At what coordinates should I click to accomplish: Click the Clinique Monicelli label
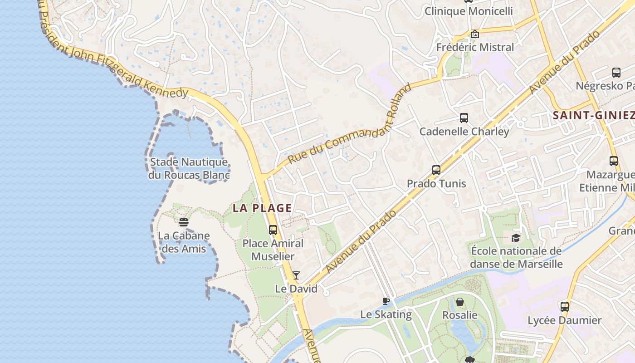469,11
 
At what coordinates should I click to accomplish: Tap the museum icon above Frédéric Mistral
475,34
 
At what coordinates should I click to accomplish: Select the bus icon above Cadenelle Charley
464,118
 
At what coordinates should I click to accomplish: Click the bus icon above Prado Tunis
436,170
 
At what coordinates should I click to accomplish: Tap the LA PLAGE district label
262,208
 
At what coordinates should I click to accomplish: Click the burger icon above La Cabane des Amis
184,222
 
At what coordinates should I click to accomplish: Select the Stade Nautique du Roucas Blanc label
189,168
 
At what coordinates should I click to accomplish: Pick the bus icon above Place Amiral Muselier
273,230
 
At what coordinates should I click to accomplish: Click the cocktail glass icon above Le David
296,275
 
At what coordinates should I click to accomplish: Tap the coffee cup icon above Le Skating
386,301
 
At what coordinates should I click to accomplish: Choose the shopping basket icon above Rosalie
460,302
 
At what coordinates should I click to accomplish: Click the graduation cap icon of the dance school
516,238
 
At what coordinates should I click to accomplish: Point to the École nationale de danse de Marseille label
516,258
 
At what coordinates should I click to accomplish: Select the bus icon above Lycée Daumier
565,307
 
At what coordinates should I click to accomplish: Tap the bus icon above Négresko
616,73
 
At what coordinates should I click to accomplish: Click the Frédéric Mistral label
475,47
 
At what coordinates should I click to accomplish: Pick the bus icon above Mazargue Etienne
614,161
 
